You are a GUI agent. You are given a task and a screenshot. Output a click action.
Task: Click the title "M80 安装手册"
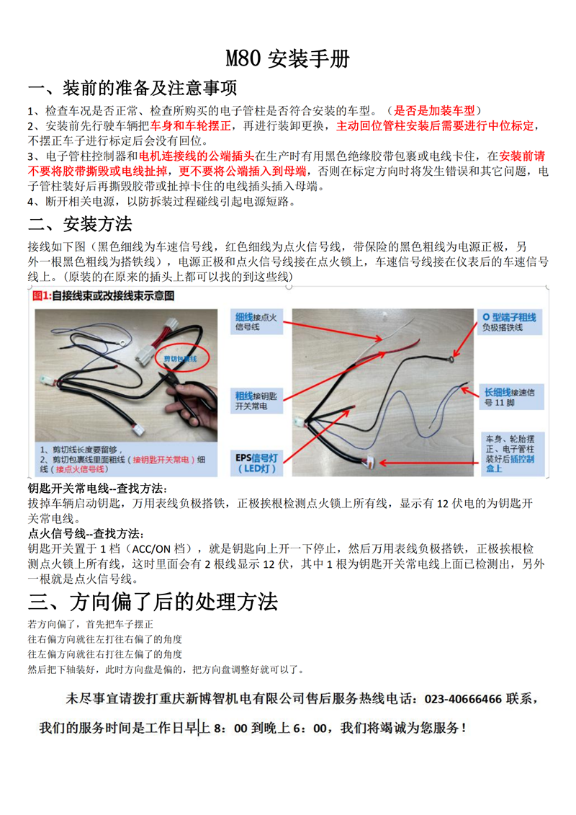287,59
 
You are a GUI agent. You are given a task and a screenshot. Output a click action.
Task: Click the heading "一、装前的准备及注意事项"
132,89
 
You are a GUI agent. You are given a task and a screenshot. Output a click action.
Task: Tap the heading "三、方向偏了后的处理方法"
153,600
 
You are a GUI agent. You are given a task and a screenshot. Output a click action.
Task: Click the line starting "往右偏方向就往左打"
104,639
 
